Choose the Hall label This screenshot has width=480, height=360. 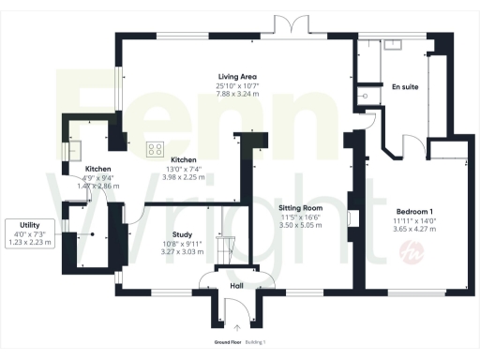click(237, 287)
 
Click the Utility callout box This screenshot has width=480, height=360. click(28, 232)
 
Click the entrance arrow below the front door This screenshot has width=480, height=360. click(237, 329)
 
